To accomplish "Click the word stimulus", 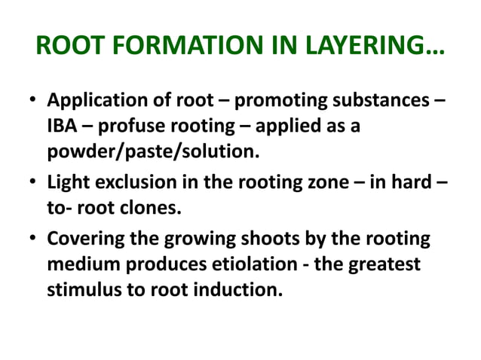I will tap(82, 288).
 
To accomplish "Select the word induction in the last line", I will tap(240, 288).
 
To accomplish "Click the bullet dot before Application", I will tap(32, 102).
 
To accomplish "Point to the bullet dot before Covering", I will tap(32, 239).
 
